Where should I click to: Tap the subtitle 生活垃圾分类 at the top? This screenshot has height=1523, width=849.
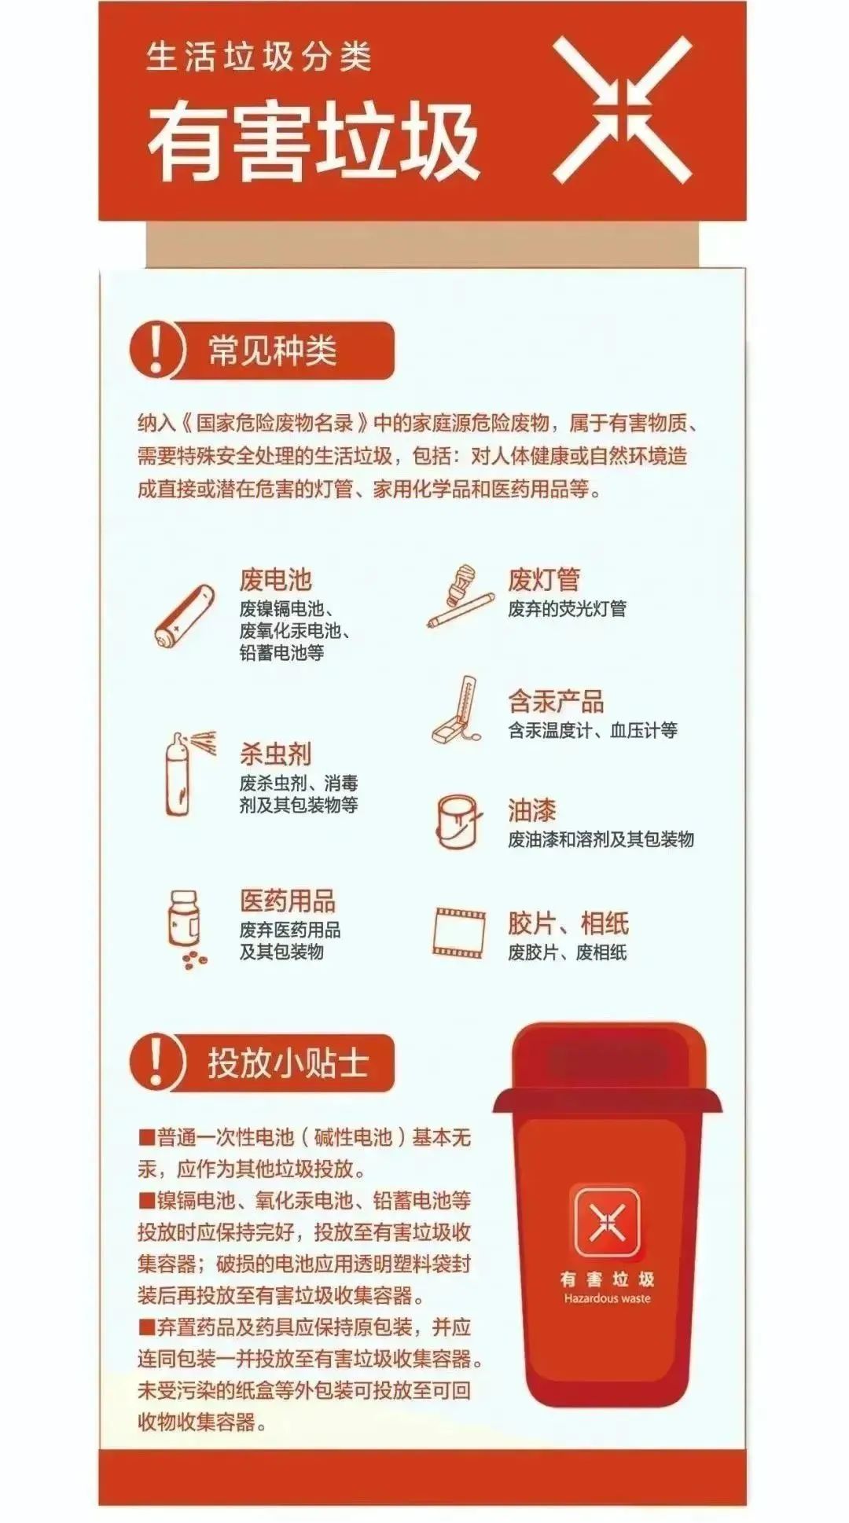click(x=259, y=57)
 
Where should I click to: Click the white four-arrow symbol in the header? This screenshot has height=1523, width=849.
click(x=622, y=110)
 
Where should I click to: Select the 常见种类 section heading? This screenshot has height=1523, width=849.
click(x=273, y=350)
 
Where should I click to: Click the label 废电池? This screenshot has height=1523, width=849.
click(x=276, y=580)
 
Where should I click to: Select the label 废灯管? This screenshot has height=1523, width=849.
click(x=544, y=580)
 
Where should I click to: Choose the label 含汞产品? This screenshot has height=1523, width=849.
click(x=556, y=701)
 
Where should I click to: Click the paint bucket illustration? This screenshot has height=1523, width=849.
click(x=457, y=820)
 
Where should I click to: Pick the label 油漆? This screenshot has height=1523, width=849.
click(x=532, y=810)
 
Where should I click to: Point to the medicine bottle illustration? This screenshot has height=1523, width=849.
click(x=185, y=924)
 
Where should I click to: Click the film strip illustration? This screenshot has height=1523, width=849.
click(x=458, y=933)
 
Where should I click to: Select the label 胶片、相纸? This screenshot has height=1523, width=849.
click(x=568, y=923)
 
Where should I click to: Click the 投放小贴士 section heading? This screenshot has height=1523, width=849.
click(x=288, y=1063)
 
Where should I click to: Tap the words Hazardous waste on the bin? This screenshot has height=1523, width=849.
click(x=607, y=1298)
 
